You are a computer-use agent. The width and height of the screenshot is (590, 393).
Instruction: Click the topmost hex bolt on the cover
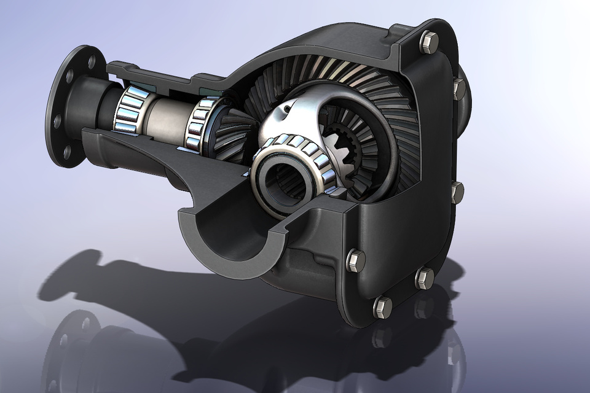click(428, 42)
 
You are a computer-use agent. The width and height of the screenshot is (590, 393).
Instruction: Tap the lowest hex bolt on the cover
click(382, 306)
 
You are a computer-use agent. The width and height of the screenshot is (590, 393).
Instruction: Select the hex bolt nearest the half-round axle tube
click(356, 260)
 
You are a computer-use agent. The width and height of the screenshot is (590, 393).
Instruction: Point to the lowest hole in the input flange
click(66, 150)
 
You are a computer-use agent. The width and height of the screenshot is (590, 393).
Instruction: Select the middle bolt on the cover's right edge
click(457, 192)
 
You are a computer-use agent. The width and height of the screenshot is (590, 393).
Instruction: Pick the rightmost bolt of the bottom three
click(424, 278)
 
